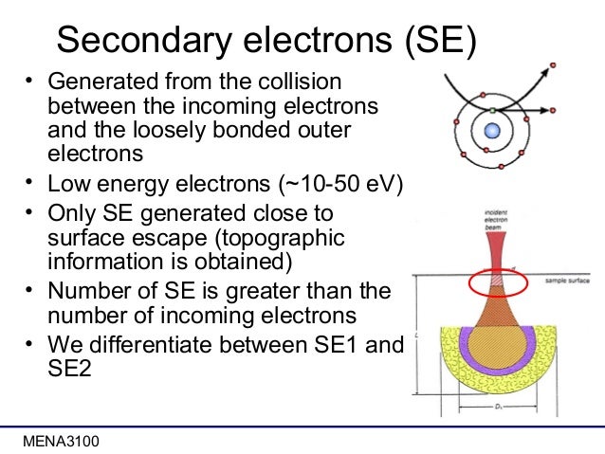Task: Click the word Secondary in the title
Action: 162,39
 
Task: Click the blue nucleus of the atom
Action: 491,113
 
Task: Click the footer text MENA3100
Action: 60,442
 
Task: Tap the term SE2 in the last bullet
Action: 68,368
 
